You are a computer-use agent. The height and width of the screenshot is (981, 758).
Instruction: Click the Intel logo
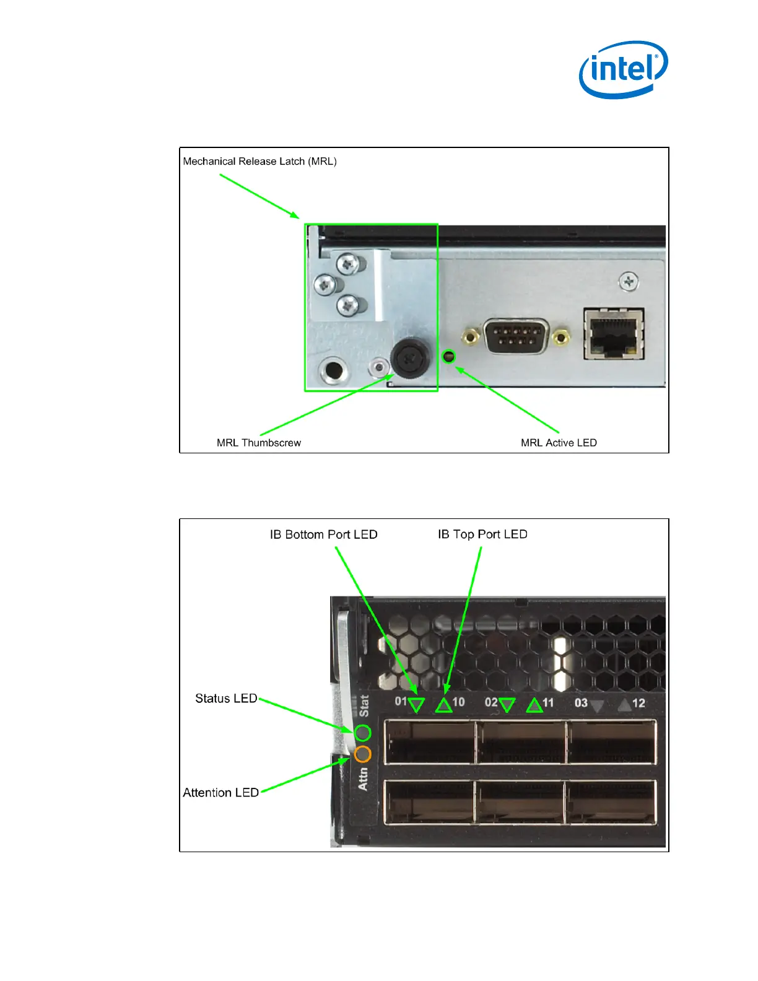coord(623,69)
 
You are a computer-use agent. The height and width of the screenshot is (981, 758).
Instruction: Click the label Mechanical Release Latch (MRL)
coord(259,162)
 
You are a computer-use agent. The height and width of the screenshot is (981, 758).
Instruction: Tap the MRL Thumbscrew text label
coord(259,443)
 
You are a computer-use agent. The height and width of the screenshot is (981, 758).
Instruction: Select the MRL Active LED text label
coord(559,443)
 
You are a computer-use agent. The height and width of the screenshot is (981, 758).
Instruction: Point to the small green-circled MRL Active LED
coord(449,357)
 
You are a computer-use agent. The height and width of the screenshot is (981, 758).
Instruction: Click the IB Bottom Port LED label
coord(323,534)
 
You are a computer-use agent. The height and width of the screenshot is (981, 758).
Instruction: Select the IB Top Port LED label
coord(482,534)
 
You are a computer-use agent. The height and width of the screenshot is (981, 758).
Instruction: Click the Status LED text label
coord(226,699)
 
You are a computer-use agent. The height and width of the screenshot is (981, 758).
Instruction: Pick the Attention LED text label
coord(220,793)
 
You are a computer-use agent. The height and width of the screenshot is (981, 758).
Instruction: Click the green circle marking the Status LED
coord(363,733)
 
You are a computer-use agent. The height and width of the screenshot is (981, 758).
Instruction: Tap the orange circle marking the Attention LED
coord(363,754)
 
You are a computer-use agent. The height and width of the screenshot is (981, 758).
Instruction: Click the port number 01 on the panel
coord(401,702)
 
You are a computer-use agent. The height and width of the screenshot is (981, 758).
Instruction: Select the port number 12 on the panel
coord(638,703)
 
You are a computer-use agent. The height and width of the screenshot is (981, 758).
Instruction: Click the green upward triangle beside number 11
coord(534,705)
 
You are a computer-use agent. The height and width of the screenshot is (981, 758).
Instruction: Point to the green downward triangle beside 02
coord(507,705)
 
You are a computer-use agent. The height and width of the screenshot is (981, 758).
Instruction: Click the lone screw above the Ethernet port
coord(629,282)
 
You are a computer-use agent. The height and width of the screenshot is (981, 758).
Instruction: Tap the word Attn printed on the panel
coord(363,779)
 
